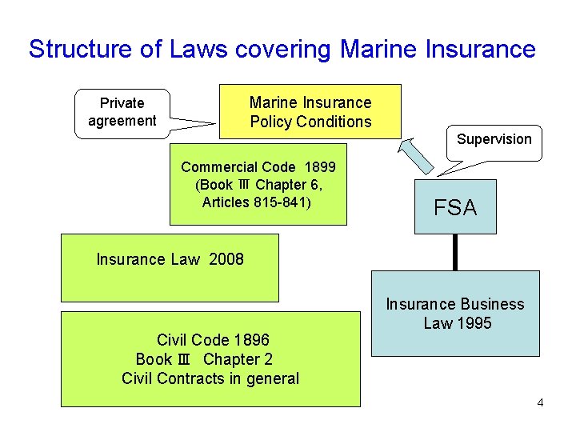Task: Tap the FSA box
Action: click(455, 207)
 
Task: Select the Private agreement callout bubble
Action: click(122, 112)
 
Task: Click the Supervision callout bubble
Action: click(494, 139)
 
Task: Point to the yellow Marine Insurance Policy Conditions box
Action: click(310, 111)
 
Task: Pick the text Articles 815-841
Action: click(257, 202)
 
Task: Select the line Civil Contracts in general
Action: click(210, 378)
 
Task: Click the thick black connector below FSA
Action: click(455, 252)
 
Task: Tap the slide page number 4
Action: click(540, 402)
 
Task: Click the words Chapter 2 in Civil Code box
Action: click(238, 359)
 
